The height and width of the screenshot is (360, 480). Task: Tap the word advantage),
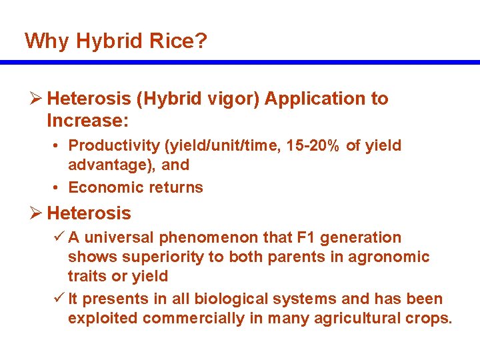point(111,165)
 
